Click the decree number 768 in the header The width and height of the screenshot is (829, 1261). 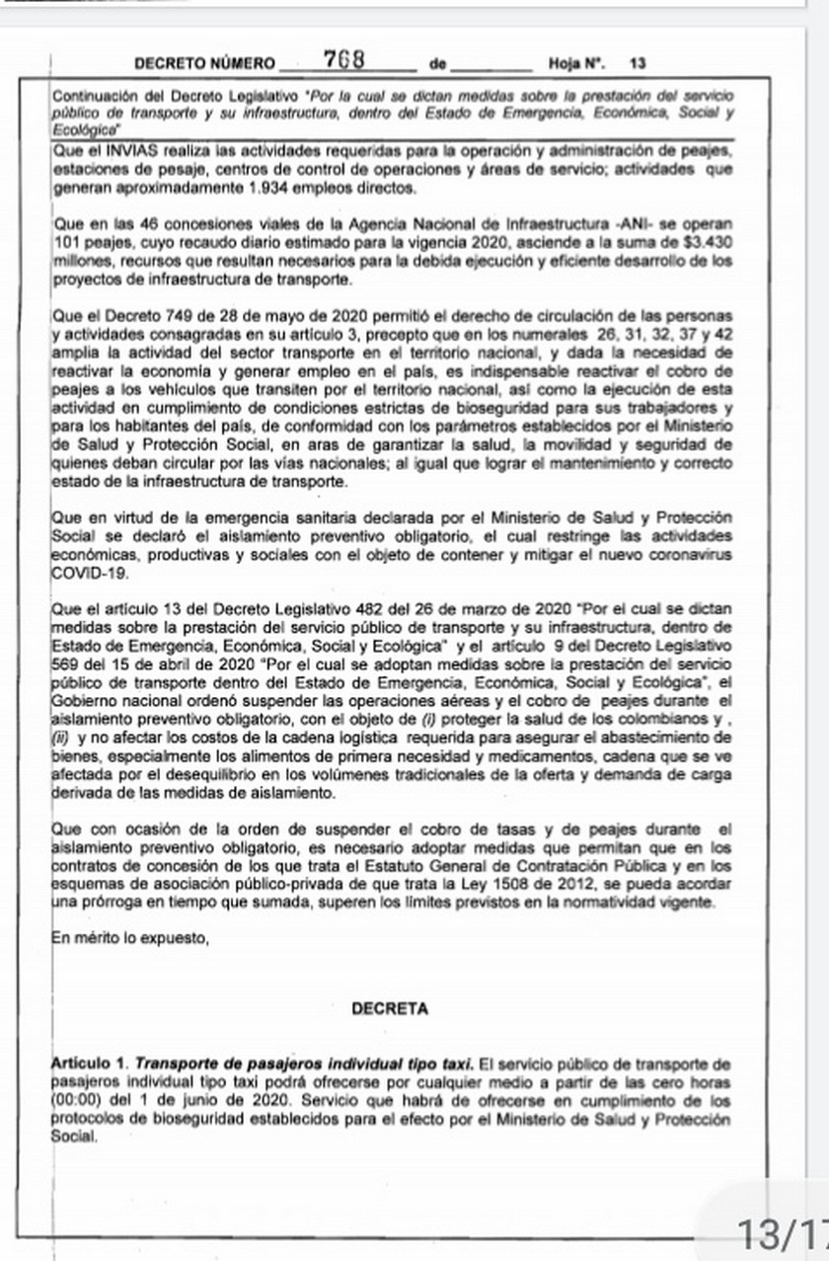pyautogui.click(x=344, y=60)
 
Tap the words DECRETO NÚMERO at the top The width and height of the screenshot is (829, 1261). pyautogui.click(x=204, y=64)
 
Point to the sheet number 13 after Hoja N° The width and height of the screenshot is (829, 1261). pyautogui.click(x=638, y=64)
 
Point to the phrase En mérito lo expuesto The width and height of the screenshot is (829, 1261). pyautogui.click(x=129, y=938)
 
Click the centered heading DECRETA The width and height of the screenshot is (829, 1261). pyautogui.click(x=390, y=1009)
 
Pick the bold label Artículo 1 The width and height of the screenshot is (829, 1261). pyautogui.click(x=89, y=1064)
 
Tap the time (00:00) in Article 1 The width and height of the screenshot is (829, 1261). pyautogui.click(x=76, y=1099)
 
